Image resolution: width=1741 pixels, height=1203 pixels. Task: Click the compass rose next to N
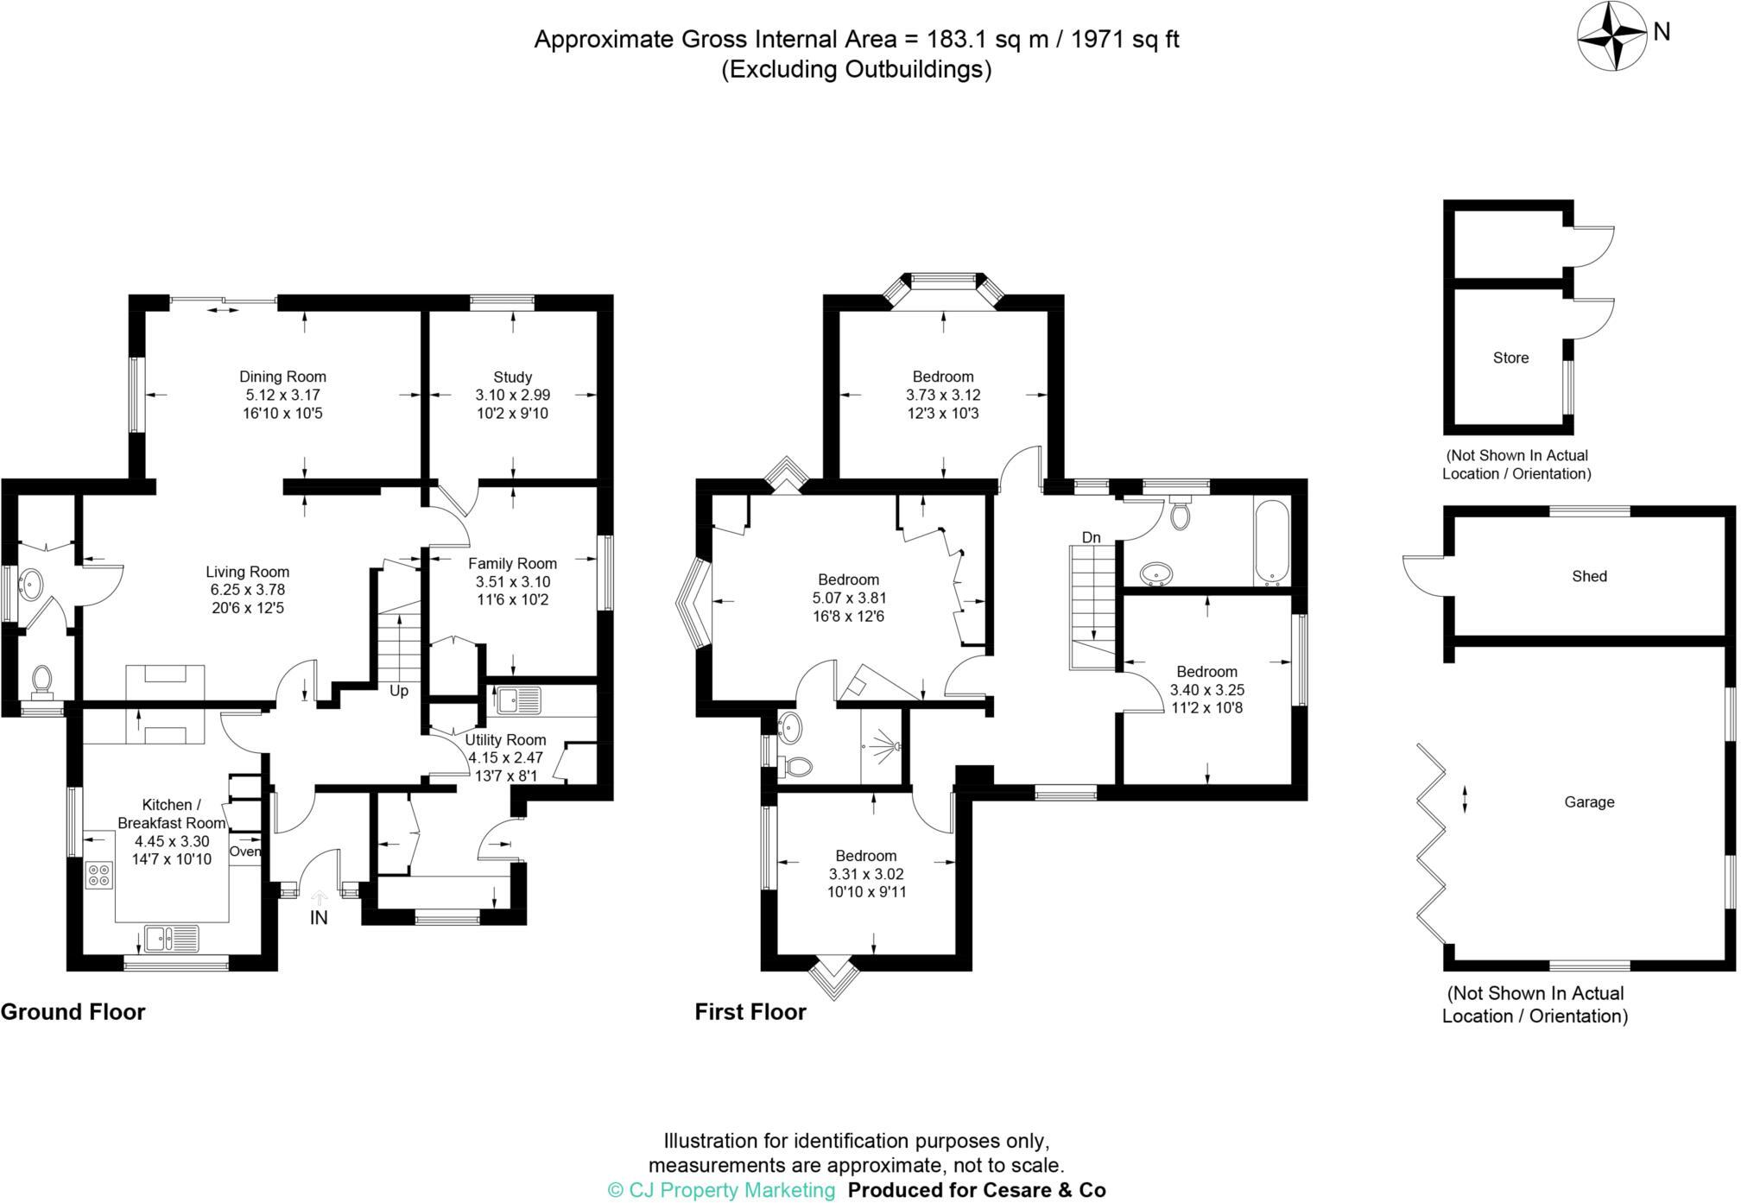1612,36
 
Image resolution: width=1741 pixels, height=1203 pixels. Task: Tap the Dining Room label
282,377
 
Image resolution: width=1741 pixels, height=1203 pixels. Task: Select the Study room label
512,377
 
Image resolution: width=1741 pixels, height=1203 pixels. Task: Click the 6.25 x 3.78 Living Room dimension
247,590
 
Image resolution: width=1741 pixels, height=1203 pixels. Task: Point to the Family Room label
512,563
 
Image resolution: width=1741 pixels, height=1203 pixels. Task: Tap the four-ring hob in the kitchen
98,875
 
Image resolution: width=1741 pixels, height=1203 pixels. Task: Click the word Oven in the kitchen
244,852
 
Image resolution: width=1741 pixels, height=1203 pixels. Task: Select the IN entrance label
319,918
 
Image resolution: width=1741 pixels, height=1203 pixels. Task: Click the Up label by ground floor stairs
398,691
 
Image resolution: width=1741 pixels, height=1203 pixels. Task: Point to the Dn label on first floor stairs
1091,537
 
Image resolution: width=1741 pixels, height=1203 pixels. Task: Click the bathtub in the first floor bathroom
1271,542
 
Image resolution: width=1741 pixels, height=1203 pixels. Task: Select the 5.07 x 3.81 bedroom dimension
848,598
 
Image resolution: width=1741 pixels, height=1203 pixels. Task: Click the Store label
1510,358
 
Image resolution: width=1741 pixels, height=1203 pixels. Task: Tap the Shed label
1589,576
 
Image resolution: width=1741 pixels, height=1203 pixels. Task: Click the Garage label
1589,801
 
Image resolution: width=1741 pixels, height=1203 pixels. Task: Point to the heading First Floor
750,1012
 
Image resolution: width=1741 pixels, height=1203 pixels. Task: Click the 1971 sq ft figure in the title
1124,40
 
